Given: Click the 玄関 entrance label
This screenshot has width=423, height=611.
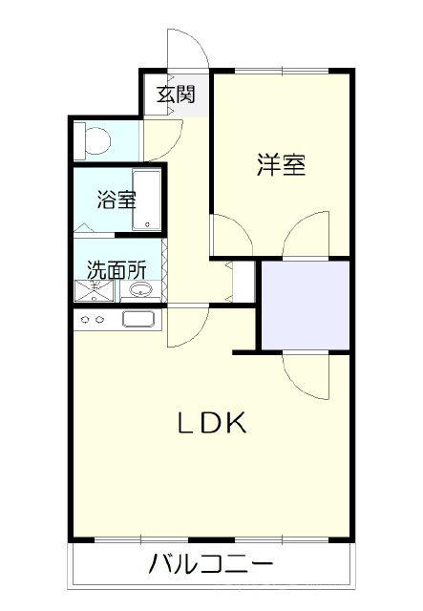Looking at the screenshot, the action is [x=176, y=95].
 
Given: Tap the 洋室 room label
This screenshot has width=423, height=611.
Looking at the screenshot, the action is [x=281, y=165].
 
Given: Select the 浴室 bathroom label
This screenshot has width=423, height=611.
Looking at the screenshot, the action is [x=116, y=199].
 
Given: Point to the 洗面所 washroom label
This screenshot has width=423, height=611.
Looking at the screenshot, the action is [x=116, y=269].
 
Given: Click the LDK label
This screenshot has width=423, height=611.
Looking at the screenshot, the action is [x=213, y=423].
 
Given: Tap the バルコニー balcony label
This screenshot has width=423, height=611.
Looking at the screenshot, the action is [x=211, y=564].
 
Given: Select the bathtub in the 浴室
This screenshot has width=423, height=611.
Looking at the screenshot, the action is [x=147, y=200].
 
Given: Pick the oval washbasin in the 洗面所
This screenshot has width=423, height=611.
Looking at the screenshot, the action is [x=140, y=290].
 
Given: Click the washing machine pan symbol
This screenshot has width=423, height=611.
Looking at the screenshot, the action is [x=95, y=290].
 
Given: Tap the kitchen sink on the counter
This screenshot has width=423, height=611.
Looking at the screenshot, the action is [x=138, y=319].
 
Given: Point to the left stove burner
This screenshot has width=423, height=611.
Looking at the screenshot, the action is [x=85, y=320].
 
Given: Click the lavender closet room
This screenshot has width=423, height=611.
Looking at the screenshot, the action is [x=306, y=305].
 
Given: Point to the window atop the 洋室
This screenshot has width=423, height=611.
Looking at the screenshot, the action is [x=282, y=71].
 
